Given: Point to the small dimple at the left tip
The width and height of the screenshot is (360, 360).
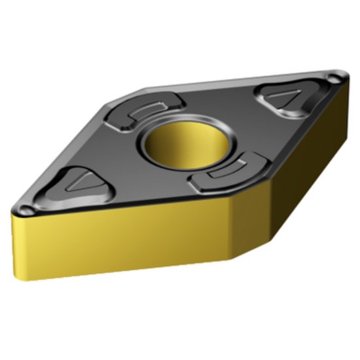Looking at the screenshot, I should tap(26, 210).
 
